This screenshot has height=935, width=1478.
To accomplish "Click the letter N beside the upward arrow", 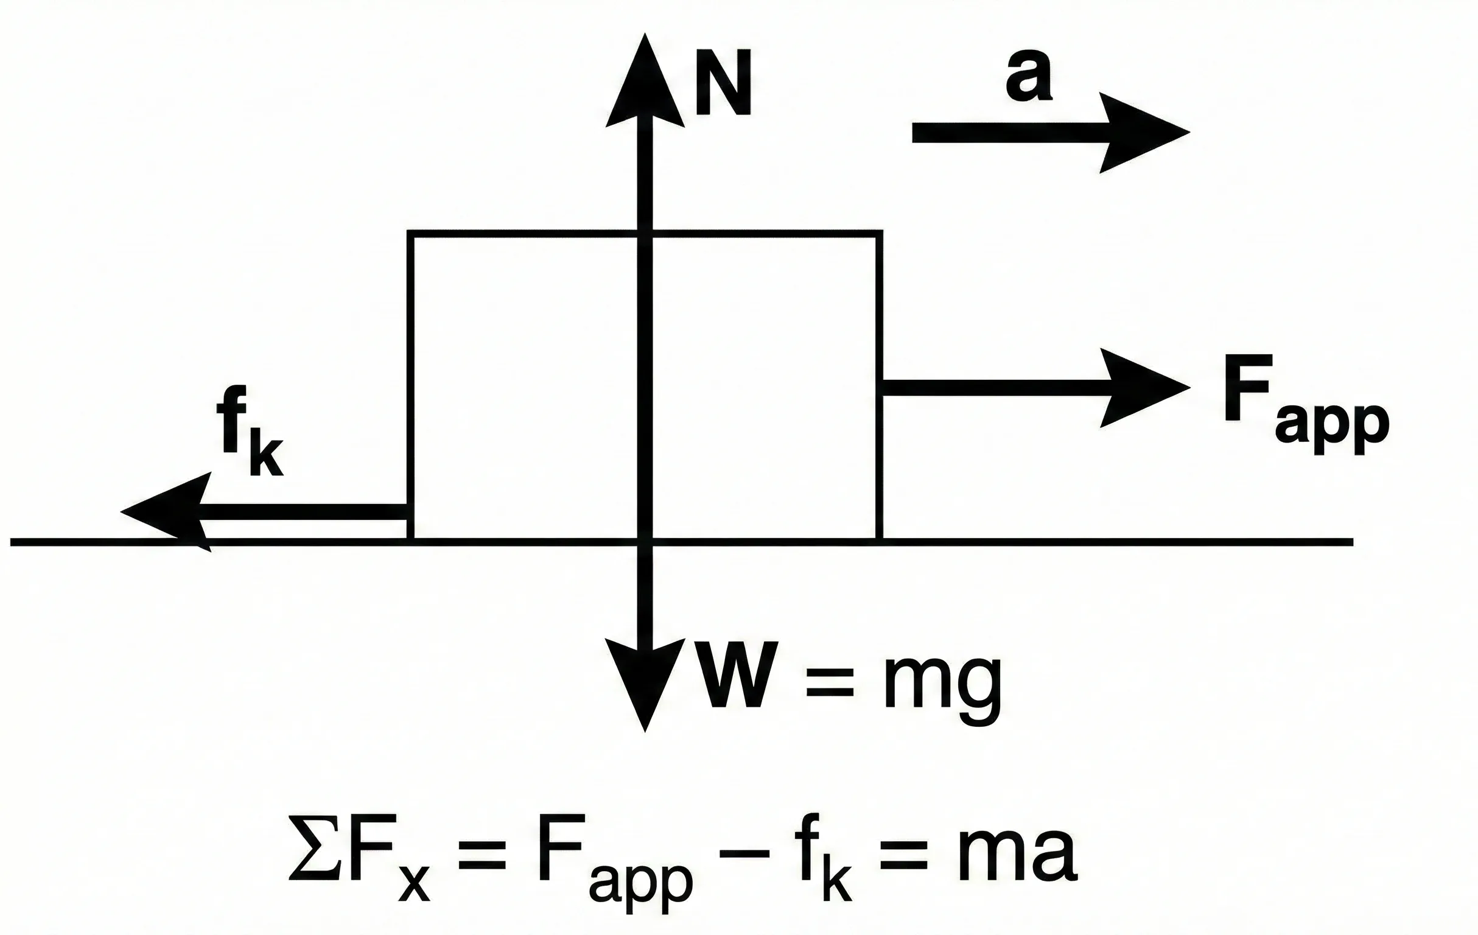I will pyautogui.click(x=723, y=82).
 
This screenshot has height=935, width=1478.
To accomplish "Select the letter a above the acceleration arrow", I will pyautogui.click(x=1029, y=76).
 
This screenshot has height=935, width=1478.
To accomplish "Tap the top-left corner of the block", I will pyautogui.click(x=411, y=234).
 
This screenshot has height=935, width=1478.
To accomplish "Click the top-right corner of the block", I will pyautogui.click(x=880, y=234).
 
